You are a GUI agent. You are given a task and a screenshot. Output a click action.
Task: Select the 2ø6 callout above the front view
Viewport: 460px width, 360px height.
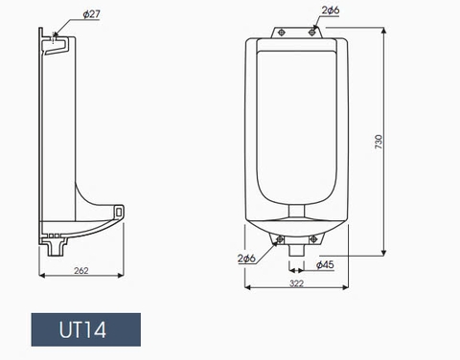[329, 11]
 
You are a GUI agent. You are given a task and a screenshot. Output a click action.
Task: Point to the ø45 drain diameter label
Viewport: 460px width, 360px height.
[325, 265]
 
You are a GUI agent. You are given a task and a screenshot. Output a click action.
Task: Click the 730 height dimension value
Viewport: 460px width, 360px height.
[379, 142]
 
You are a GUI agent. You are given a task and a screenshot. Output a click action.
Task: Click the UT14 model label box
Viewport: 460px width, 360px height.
[85, 330]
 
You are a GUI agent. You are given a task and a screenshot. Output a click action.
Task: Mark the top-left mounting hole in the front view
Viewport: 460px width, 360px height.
[281, 32]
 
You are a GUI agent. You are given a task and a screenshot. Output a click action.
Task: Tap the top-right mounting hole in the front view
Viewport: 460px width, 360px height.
[313, 32]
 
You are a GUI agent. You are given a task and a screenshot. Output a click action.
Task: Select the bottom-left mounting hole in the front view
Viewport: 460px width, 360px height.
[279, 238]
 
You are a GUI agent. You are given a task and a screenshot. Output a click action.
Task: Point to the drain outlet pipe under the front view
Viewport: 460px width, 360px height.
[297, 247]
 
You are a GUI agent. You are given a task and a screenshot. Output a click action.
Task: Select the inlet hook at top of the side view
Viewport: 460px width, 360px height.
[58, 43]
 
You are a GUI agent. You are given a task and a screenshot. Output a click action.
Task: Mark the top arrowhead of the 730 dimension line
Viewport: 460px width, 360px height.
[386, 30]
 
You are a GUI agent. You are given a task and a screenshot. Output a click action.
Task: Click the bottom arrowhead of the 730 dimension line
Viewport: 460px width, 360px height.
[386, 254]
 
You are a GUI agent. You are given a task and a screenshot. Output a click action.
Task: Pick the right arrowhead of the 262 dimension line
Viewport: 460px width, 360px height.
[124, 279]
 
